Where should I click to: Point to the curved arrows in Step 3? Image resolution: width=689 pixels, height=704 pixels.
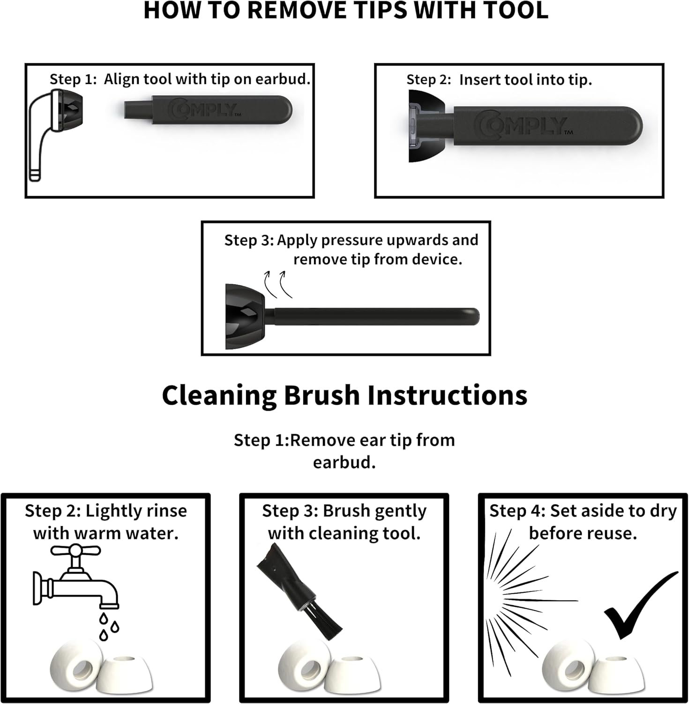[x=278, y=284]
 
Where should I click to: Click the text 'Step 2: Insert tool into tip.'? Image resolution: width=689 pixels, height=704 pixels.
[x=499, y=80]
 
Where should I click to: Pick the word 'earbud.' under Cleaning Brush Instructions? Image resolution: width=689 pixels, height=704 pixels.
[x=344, y=462]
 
